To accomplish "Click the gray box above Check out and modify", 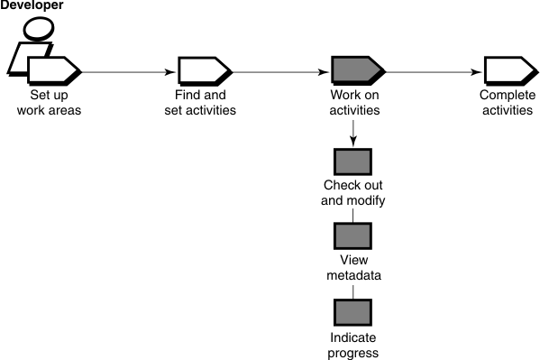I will point(352,162).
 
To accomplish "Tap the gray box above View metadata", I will point(352,237).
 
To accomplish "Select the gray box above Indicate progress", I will point(352,312).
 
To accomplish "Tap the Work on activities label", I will point(353,103).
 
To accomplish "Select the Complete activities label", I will point(508,103).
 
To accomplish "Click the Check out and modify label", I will point(353,193).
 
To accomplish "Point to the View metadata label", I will point(352,268).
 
